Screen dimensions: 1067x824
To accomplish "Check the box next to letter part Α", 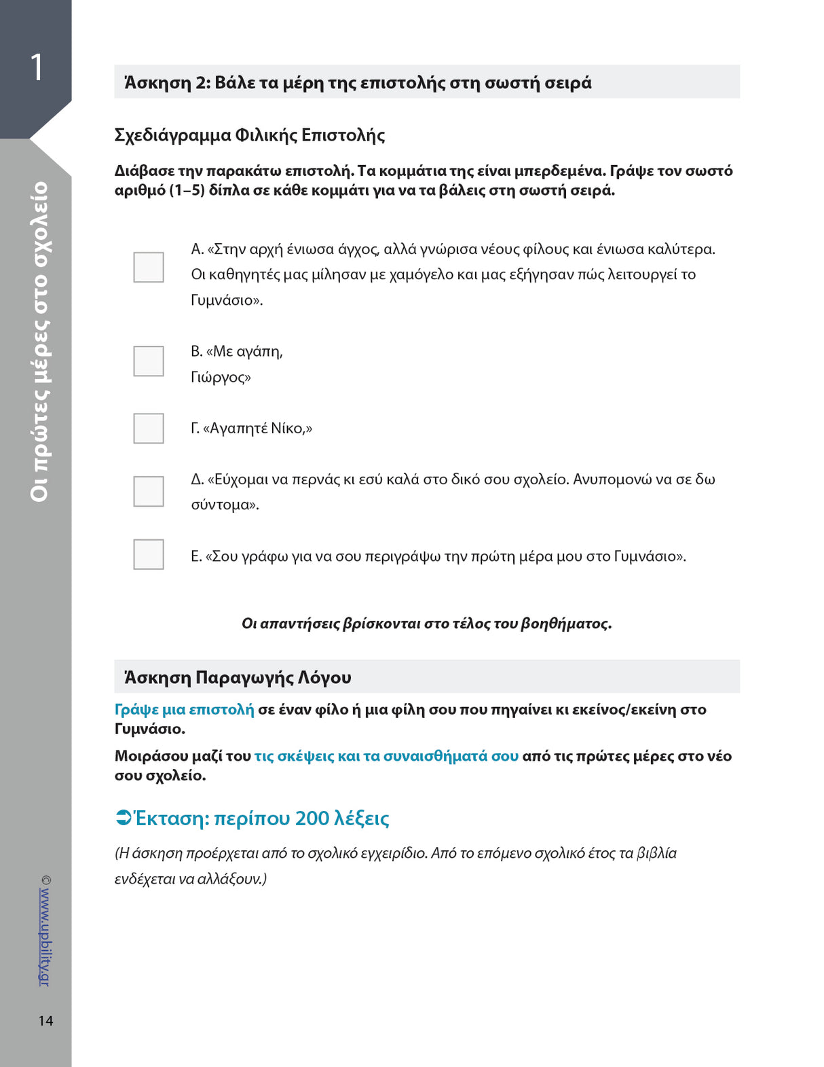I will [149, 267].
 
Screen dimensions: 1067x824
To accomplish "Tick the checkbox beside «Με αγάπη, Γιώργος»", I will [149, 361].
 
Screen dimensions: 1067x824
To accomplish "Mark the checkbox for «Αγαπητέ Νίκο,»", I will [149, 429].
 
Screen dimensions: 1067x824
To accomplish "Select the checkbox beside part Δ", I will [149, 491].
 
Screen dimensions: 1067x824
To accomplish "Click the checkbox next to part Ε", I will [149, 554].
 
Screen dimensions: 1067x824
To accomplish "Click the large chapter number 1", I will [37, 68].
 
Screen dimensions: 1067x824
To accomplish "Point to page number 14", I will [45, 1021].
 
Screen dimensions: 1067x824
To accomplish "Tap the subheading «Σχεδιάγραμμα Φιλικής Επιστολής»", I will [250, 135].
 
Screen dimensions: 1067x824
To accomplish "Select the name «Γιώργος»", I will [220, 377].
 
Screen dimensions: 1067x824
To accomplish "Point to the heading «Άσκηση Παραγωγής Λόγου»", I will [238, 677].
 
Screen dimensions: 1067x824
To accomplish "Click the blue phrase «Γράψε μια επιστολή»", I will [184, 710].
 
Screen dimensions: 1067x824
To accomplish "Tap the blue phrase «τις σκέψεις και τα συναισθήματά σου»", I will [386, 756].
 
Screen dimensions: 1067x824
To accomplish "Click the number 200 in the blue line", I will [312, 818].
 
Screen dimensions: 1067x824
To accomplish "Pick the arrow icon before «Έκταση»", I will [123, 818].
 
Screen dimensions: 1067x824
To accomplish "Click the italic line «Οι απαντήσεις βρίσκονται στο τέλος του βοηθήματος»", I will [426, 623].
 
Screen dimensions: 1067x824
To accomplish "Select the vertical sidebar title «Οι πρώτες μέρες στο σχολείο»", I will [40, 342].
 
